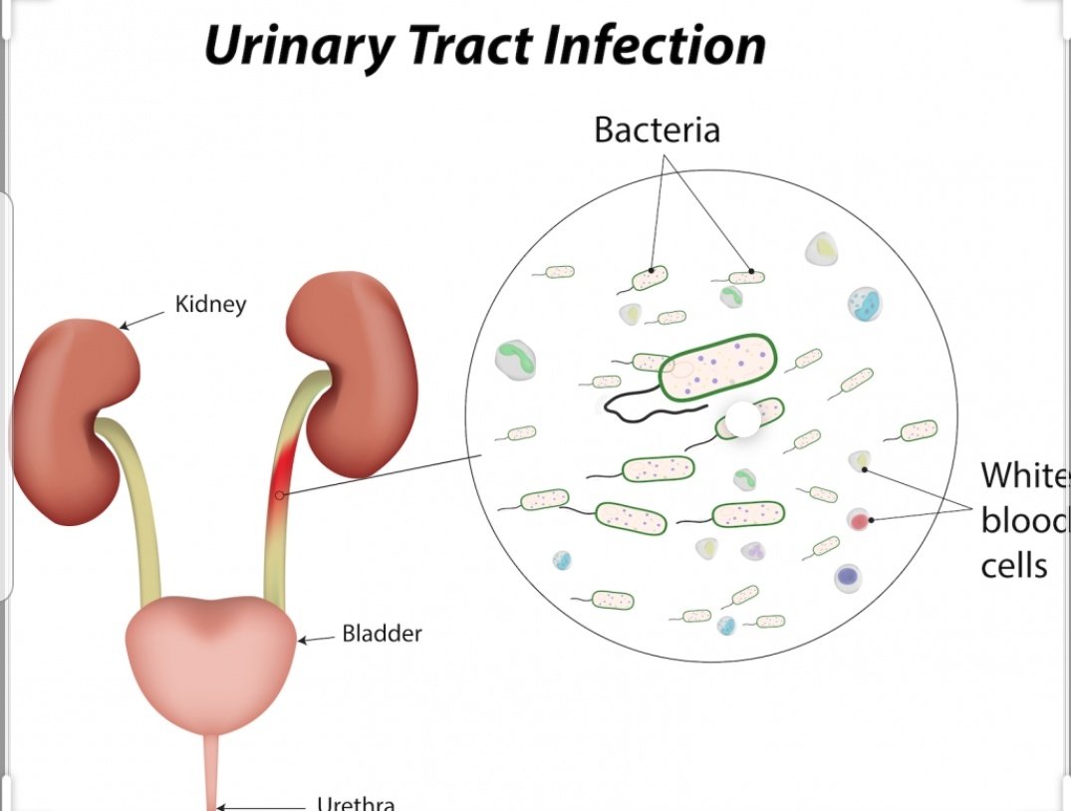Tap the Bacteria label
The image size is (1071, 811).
[657, 130]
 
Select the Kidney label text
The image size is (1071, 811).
[210, 304]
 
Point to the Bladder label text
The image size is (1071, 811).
[382, 633]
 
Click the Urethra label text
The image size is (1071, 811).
[355, 803]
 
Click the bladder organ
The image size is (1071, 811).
[210, 653]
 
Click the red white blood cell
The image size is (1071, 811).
[859, 520]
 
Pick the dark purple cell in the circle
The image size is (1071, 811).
[848, 576]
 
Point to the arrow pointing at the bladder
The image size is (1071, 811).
[317, 640]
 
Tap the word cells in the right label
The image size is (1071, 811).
[1014, 565]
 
